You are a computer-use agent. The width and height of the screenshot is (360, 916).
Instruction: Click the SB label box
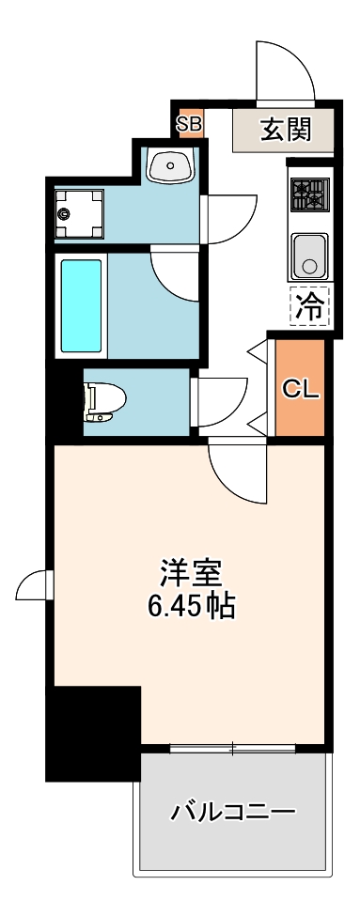tap(191, 124)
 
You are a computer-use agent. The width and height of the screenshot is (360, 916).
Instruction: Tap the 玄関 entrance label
tap(285, 129)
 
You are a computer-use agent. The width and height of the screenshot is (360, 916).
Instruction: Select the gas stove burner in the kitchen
tap(310, 194)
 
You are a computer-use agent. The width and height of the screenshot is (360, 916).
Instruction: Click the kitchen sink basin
tap(310, 256)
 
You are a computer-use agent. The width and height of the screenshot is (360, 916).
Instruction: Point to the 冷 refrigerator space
tap(310, 306)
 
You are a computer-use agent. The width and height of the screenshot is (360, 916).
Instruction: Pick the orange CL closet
tap(300, 387)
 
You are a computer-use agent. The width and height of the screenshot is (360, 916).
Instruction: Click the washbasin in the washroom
tap(170, 164)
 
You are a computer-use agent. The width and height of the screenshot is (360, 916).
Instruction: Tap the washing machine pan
tap(79, 214)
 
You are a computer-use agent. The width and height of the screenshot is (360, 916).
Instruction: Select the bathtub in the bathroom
tap(81, 305)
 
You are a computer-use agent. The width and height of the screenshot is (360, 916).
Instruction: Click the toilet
tap(104, 401)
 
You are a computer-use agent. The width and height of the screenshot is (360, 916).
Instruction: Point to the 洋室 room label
tap(191, 574)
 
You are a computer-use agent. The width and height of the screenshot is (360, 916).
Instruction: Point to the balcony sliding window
tap(232, 747)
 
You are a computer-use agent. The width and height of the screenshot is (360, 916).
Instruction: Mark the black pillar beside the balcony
tap(93, 733)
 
